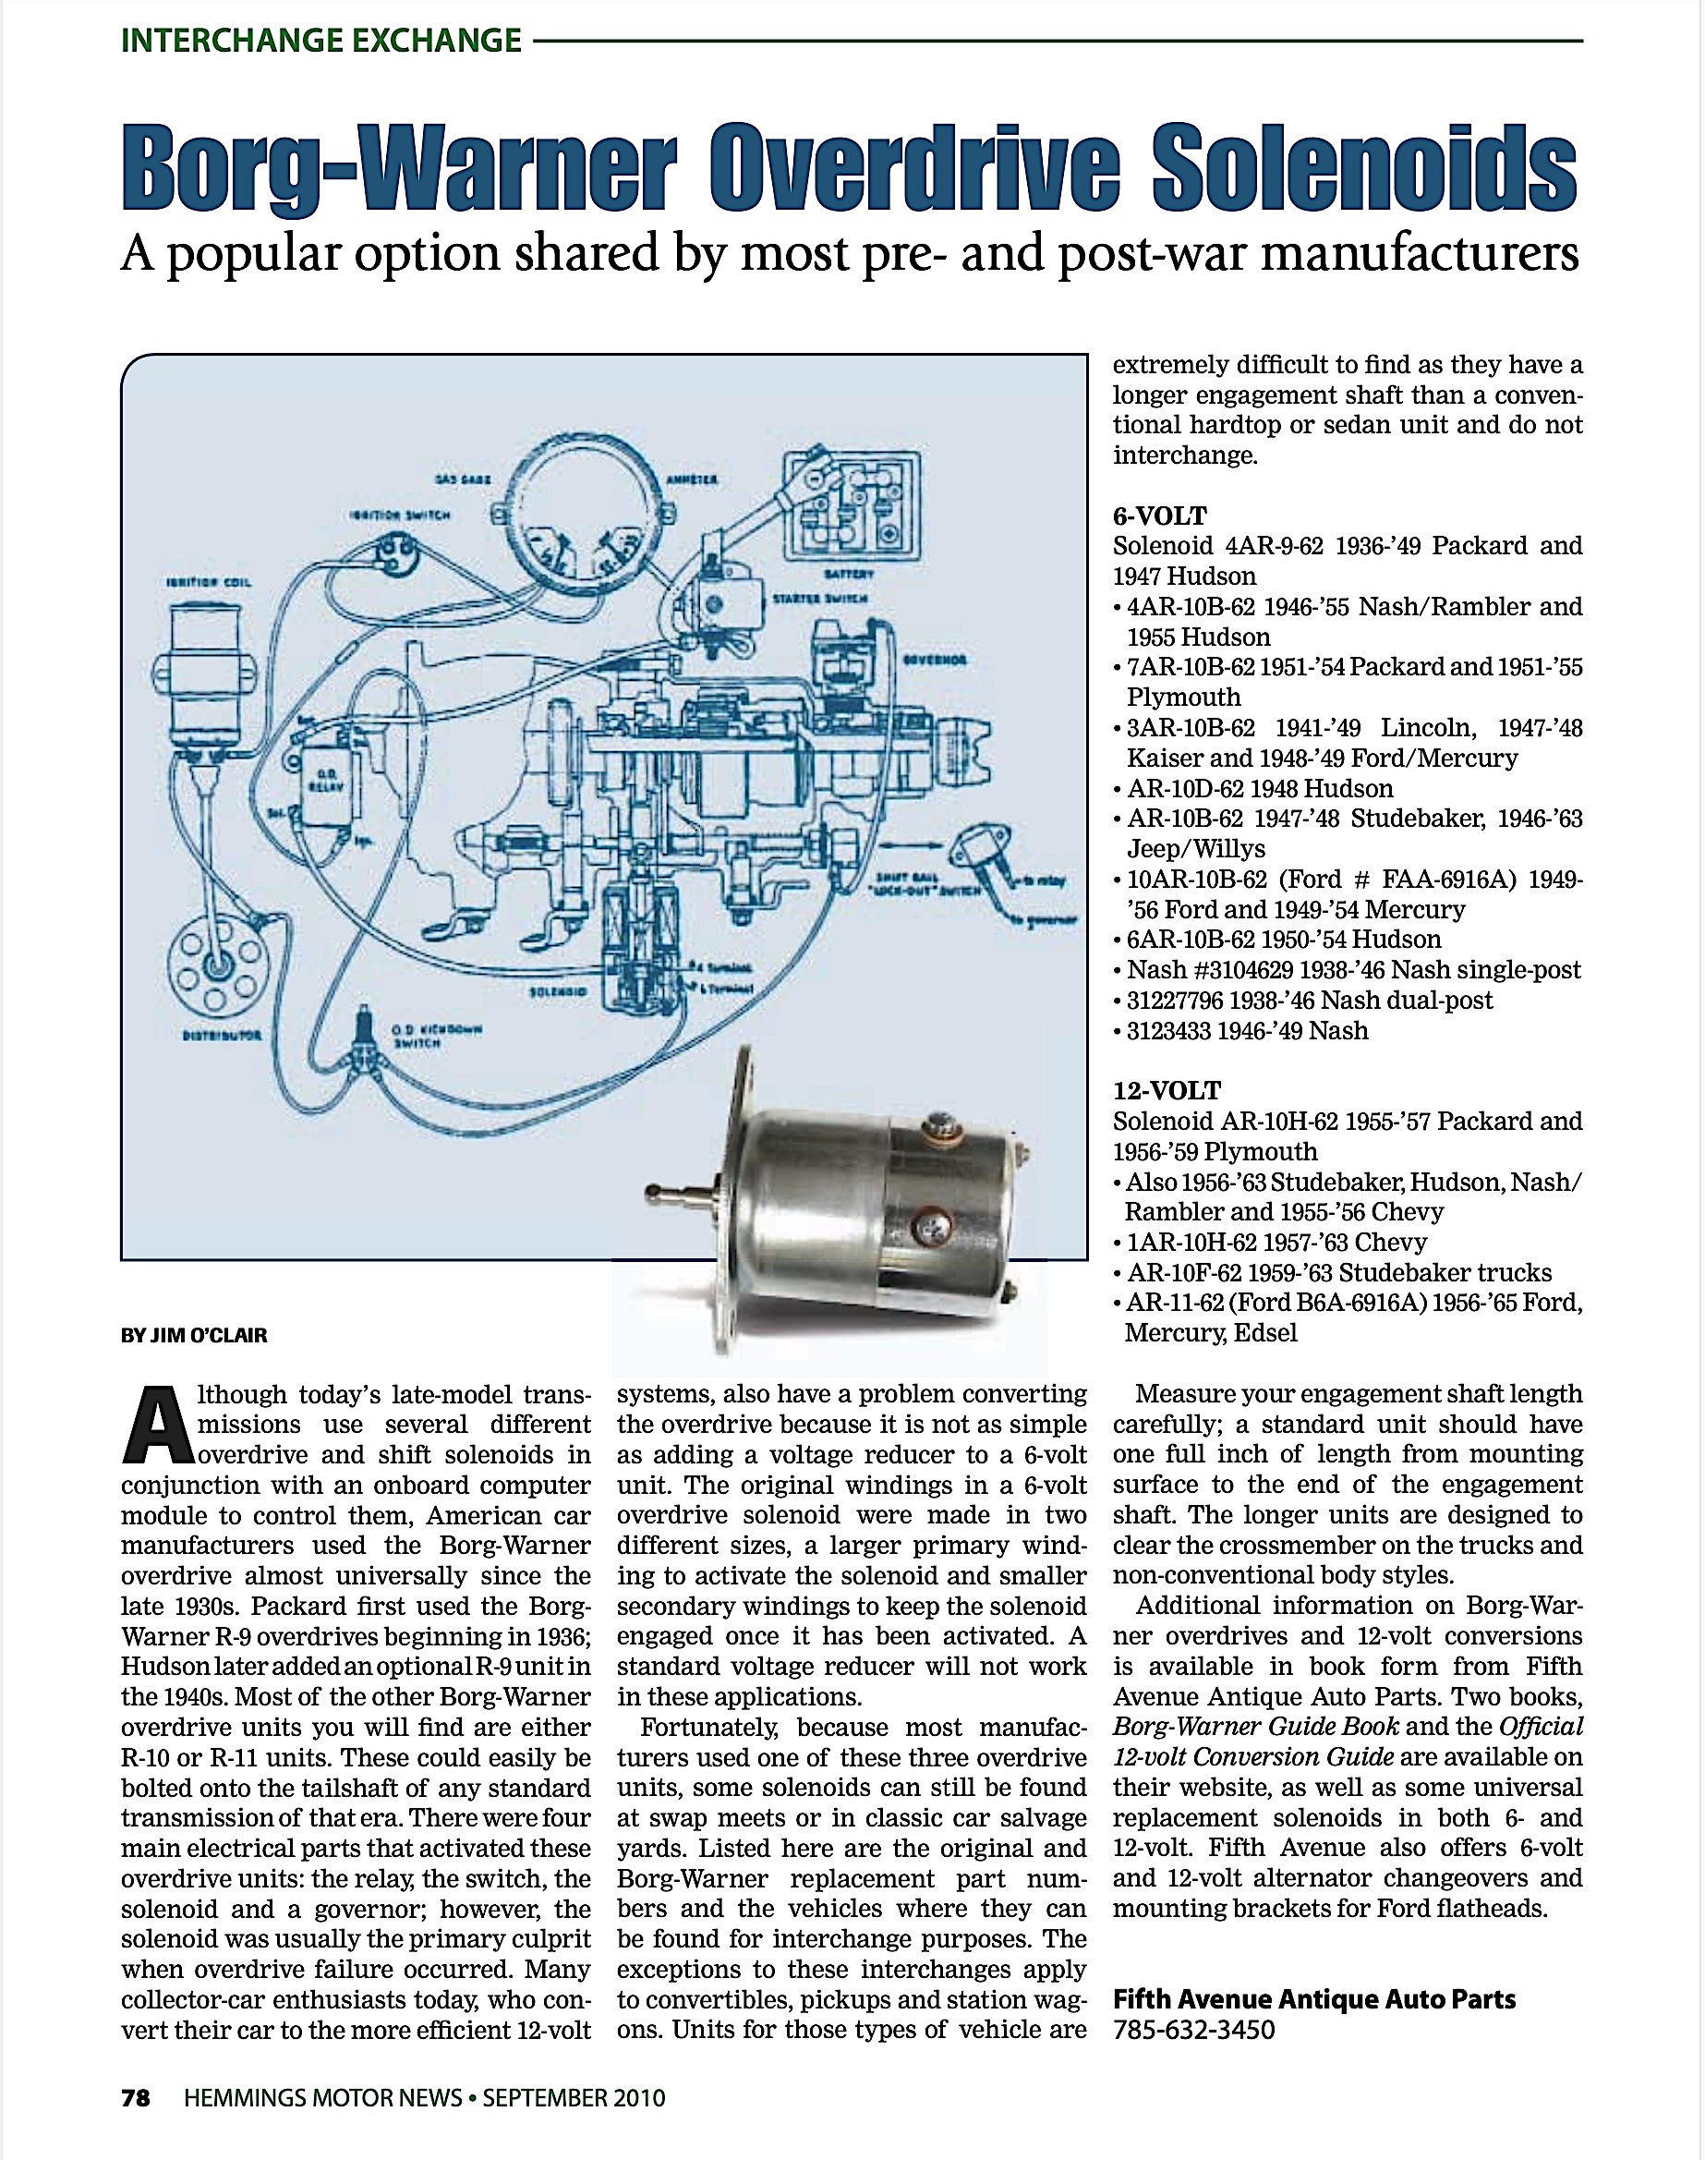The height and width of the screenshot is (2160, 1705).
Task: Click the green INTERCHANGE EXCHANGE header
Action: point(320,41)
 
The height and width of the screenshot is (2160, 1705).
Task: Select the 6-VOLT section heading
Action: point(1160,516)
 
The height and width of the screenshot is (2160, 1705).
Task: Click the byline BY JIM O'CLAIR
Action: point(194,1335)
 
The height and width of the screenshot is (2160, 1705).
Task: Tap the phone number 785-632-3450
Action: point(1194,2029)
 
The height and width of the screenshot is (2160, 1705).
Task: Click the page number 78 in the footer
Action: point(136,2098)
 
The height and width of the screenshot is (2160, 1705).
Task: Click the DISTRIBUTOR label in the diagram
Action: point(222,1036)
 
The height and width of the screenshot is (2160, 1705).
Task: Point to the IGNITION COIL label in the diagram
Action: point(209,582)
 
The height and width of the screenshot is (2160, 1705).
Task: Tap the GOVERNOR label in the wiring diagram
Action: point(935,660)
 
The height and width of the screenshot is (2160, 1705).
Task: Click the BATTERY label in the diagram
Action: point(850,575)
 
